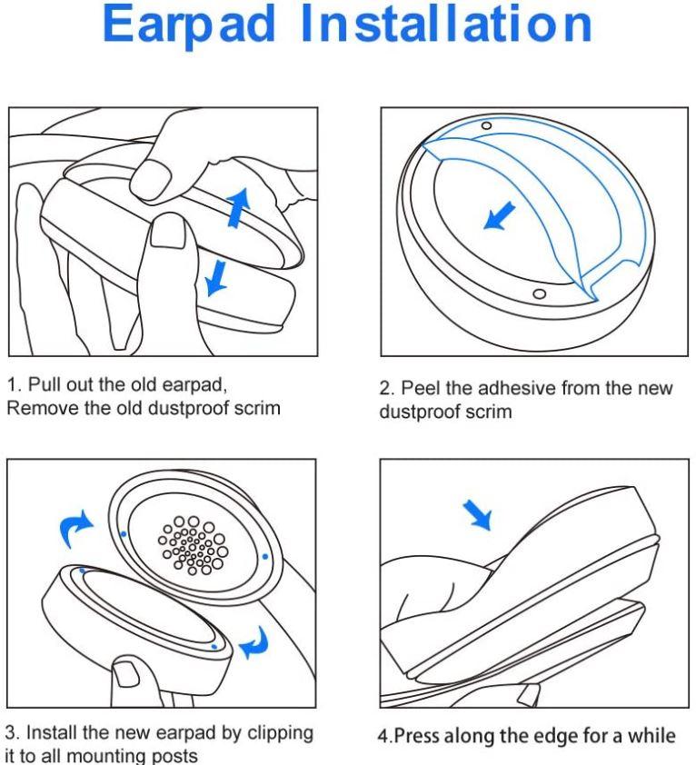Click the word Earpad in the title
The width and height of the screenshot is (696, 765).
click(x=189, y=25)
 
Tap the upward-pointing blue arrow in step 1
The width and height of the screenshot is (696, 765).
click(x=239, y=207)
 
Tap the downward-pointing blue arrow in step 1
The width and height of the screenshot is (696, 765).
click(x=215, y=278)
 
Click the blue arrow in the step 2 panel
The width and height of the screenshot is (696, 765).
click(x=499, y=215)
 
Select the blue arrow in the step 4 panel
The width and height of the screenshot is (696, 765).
click(x=477, y=514)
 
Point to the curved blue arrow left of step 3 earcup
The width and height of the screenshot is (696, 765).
click(x=75, y=529)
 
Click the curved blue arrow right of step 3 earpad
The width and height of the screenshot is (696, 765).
click(x=254, y=642)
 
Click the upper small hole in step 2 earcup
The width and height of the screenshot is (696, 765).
click(x=487, y=126)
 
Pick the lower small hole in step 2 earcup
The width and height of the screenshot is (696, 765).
click(x=539, y=294)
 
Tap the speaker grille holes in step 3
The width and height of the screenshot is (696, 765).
click(x=193, y=545)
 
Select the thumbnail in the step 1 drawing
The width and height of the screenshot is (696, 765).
click(x=169, y=233)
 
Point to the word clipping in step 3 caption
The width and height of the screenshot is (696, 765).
click(x=280, y=733)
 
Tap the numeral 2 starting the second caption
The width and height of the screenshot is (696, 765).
click(x=385, y=389)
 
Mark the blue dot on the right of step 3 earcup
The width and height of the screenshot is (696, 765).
click(x=265, y=556)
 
